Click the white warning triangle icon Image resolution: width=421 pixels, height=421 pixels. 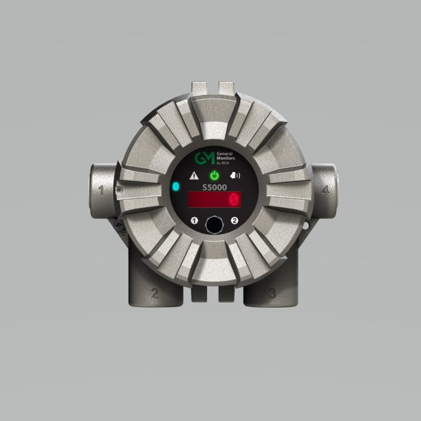(x=193, y=176)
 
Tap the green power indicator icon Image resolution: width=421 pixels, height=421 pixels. (x=215, y=176)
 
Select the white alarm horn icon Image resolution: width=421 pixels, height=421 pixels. (x=235, y=176)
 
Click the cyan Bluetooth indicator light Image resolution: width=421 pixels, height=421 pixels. (x=176, y=187)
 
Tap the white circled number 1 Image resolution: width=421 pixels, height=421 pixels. (x=193, y=221)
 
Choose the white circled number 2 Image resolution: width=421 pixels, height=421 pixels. (x=235, y=221)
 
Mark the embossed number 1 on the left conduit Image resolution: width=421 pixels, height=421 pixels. (x=101, y=191)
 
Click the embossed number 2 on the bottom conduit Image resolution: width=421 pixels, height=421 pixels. (x=154, y=293)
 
